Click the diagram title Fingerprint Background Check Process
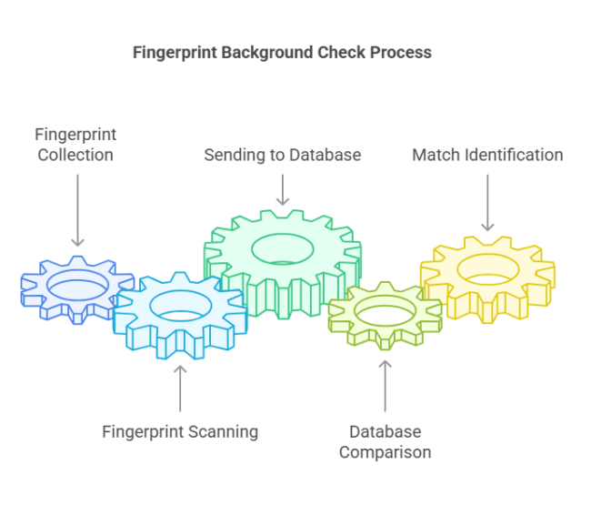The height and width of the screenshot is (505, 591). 282,52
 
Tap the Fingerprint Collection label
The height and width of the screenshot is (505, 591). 75,145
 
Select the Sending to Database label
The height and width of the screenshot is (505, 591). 282,155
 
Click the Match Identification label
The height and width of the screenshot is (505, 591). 487,155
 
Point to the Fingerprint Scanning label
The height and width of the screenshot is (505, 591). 180,431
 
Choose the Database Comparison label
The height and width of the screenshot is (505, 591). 385,441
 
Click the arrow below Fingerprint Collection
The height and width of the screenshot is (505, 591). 77,208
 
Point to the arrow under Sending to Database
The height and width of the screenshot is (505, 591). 282,188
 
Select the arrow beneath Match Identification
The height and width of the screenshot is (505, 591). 487,201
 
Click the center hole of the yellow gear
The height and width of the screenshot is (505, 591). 488,269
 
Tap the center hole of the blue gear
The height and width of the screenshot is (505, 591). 77,285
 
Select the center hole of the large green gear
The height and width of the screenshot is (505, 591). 282,247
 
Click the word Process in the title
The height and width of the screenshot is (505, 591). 401,52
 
